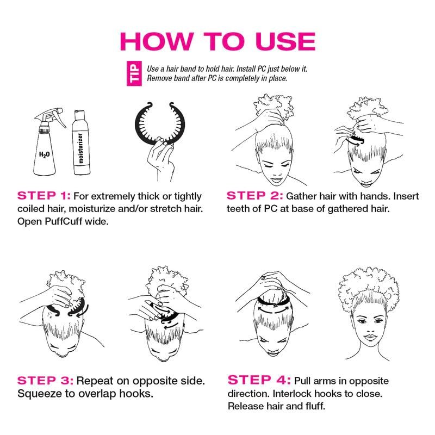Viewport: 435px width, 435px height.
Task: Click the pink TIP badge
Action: [x=134, y=73]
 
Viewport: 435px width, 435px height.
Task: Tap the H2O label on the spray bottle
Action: [x=45, y=154]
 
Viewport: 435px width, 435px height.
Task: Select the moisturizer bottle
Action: [x=81, y=142]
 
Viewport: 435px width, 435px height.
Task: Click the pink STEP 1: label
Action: [x=44, y=196]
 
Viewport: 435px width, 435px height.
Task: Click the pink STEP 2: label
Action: [x=254, y=196]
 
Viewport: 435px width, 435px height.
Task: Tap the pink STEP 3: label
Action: [x=45, y=381]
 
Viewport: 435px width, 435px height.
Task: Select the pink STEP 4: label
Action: [x=259, y=380]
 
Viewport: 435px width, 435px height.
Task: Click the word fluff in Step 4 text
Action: [x=315, y=406]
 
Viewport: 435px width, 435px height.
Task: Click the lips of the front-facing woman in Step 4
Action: [x=370, y=338]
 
